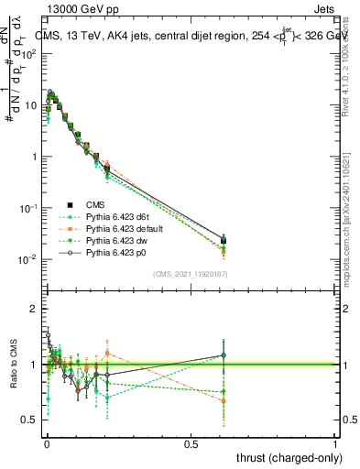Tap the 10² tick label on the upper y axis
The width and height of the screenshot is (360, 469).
click(x=29, y=53)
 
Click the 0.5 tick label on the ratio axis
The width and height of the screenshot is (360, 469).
click(x=29, y=420)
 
